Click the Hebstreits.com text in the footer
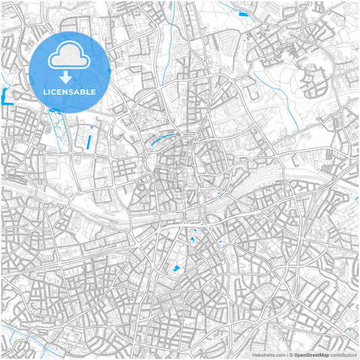coord(269,354)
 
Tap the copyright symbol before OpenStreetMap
coord(290,354)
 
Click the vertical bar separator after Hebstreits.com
coord(286,354)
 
